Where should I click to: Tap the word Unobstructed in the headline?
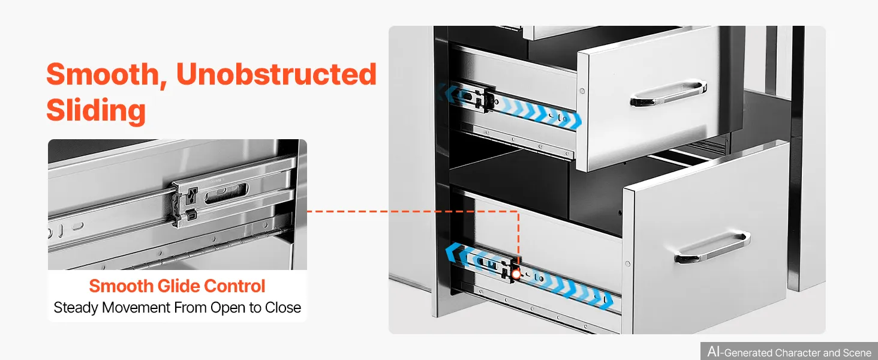(276, 74)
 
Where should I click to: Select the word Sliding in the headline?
(96, 110)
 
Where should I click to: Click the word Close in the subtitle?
(283, 307)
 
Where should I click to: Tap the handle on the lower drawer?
(712, 247)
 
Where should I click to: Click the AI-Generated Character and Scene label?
(789, 352)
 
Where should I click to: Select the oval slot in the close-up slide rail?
(225, 193)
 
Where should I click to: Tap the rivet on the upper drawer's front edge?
(582, 91)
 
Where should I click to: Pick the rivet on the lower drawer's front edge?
(627, 264)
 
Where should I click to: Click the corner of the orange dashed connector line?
(518, 211)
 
